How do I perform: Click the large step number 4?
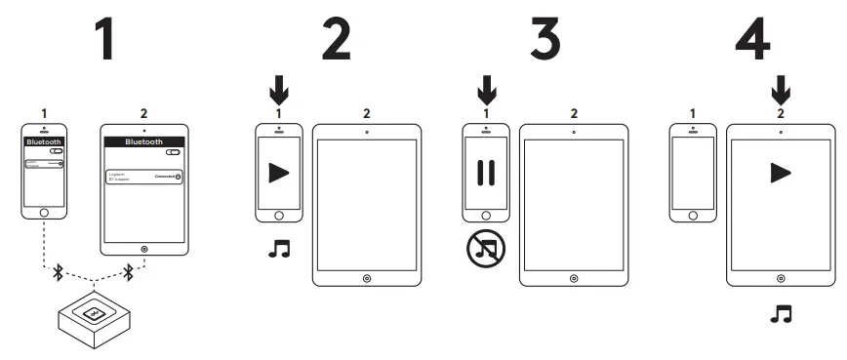coord(754,39)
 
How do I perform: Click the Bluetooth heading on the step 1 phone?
coord(42,142)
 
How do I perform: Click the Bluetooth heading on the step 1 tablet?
coord(143,142)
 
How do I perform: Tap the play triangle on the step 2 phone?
coord(279,173)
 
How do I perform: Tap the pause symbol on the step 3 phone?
coord(486,173)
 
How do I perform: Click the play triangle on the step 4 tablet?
coord(780,173)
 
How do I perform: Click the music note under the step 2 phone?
coord(279,250)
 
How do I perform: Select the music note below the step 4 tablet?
coord(780,314)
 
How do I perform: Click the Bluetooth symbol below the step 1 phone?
coord(58,273)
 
